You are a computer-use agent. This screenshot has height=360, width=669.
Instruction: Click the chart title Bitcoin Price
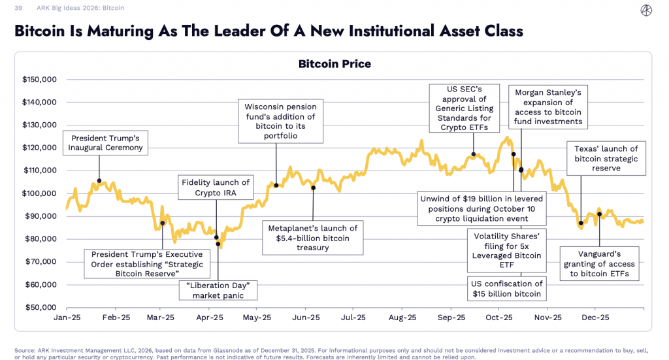click(x=334, y=64)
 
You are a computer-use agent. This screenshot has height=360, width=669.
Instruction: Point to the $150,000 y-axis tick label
click(x=41, y=80)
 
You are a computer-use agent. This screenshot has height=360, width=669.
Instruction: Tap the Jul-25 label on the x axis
click(x=353, y=318)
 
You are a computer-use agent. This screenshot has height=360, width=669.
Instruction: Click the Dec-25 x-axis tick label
click(x=595, y=318)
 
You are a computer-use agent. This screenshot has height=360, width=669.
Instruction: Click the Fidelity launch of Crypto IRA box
click(x=215, y=188)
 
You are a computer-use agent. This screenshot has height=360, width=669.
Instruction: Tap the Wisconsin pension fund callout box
click(x=280, y=121)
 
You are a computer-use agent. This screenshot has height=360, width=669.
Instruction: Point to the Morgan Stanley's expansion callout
click(x=547, y=107)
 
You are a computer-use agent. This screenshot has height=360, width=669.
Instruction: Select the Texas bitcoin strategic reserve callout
click(x=606, y=159)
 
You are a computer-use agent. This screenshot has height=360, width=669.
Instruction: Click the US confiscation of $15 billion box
click(x=506, y=288)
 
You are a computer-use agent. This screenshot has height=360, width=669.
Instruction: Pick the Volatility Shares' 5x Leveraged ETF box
click(x=506, y=250)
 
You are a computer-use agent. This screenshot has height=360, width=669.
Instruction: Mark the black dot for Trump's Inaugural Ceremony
click(x=99, y=181)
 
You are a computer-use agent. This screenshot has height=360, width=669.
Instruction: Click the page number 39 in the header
click(x=18, y=8)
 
